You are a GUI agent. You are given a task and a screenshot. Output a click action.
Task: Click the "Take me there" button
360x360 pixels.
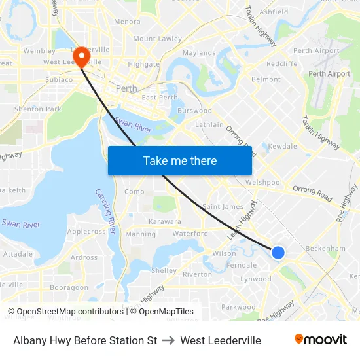pos(180,160)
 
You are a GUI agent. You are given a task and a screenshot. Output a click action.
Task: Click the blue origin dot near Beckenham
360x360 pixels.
pos(278,252)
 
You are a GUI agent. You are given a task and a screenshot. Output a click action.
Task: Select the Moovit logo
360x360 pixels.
pos(320,340)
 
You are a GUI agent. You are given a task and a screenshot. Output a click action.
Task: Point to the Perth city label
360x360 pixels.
pos(126,88)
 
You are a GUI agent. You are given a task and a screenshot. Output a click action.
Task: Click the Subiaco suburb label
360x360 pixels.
pos(58,79)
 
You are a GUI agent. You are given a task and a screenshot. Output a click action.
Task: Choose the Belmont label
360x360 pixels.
pos(266,79)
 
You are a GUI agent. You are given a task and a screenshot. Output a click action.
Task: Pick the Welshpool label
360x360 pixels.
pos(264,183)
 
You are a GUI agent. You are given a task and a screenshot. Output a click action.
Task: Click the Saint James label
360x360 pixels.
pos(223,207)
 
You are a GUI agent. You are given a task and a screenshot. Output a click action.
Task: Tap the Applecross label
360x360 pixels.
pos(86,232)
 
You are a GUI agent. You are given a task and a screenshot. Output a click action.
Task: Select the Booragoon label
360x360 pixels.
pos(69,287)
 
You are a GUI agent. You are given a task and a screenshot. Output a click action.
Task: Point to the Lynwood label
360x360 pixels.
pos(255,279)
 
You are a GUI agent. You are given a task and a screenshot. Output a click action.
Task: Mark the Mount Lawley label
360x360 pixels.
pos(158,39)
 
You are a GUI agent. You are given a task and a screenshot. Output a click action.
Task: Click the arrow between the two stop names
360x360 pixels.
pos(168,340)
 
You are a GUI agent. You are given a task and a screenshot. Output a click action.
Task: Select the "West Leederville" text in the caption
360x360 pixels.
pos(221,340)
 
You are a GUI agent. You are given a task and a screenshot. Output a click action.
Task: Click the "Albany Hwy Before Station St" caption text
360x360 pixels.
pos(85,340)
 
